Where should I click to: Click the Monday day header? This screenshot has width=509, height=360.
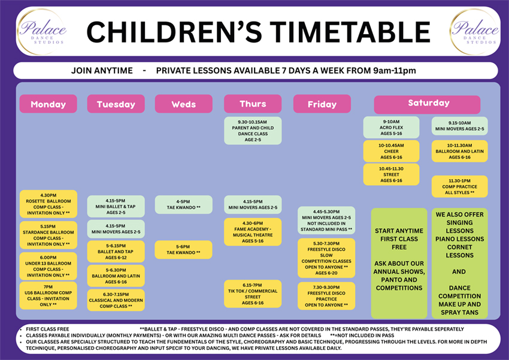(48, 104)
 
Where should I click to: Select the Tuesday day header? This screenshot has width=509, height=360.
(116, 104)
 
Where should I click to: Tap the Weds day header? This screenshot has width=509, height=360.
(183, 104)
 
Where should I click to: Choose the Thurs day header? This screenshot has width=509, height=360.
(253, 104)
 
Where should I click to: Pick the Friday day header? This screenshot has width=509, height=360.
(322, 104)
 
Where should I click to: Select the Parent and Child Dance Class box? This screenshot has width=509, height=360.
(253, 131)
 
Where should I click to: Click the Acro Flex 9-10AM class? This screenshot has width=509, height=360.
(391, 128)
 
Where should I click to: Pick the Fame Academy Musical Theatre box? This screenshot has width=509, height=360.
(253, 232)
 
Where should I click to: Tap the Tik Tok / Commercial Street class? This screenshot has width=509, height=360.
(253, 294)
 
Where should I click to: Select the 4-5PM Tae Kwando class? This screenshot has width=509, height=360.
(183, 205)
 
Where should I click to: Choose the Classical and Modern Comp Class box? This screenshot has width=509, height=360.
(116, 300)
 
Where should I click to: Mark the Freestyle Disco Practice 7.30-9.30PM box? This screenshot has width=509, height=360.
(326, 296)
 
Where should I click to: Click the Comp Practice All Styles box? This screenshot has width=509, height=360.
(460, 186)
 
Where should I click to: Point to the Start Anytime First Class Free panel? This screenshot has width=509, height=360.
(400, 264)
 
